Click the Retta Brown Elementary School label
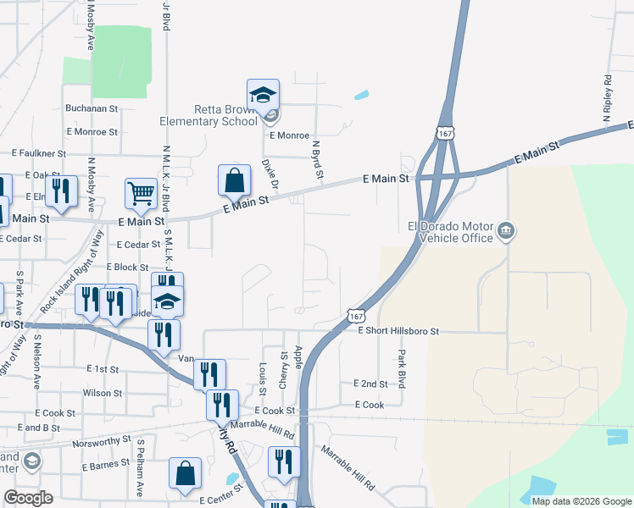[x=208, y=115]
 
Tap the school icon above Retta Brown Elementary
[x=263, y=94]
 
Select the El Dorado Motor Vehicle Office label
[x=450, y=232]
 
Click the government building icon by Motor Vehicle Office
[x=506, y=229]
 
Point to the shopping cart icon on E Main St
[x=140, y=192]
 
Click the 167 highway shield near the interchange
[x=444, y=133]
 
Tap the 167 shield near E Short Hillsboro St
[x=355, y=315]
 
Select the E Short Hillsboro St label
[x=398, y=332]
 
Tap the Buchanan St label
[x=92, y=109]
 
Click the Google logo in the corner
[x=29, y=498]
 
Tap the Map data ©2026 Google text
[x=580, y=501]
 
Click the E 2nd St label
[x=370, y=384]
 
